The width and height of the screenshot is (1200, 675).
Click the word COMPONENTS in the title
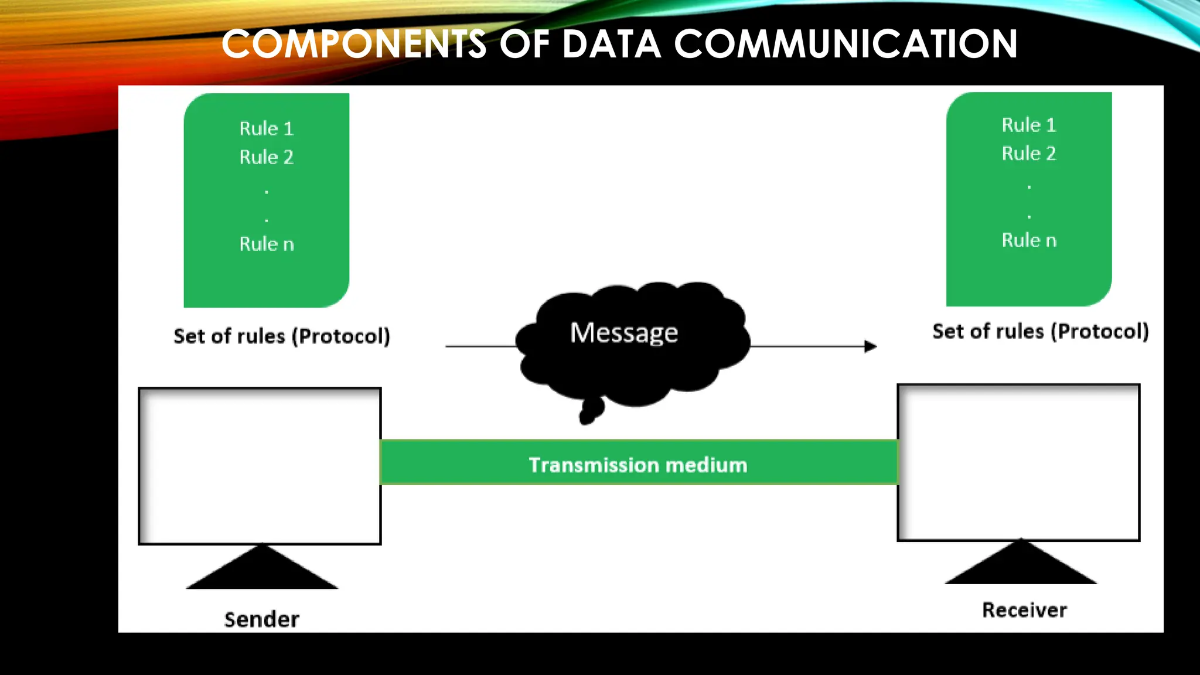click(x=354, y=45)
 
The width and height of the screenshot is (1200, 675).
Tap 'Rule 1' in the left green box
click(x=266, y=128)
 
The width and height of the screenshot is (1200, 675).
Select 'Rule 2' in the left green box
click(x=266, y=157)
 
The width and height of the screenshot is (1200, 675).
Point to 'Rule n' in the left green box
click(x=267, y=244)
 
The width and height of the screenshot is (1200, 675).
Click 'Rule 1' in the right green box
click(x=1029, y=125)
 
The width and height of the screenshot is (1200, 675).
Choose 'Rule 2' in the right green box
click(x=1029, y=154)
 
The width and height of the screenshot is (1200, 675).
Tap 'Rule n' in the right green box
click(x=1029, y=240)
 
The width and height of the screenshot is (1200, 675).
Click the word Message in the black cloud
click(x=624, y=333)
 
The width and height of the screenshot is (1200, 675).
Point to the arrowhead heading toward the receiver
click(x=871, y=346)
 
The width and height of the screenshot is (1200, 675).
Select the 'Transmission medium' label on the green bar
click(x=638, y=465)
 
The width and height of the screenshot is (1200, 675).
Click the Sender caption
click(x=261, y=619)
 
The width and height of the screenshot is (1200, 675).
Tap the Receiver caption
click(x=1024, y=610)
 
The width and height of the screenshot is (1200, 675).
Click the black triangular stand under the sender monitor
click(x=262, y=571)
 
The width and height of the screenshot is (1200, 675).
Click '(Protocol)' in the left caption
click(x=341, y=336)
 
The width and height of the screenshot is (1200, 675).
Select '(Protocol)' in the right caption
click(x=1099, y=332)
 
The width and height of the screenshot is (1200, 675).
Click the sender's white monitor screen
click(x=260, y=466)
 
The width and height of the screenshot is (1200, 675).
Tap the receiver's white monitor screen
click(x=1018, y=462)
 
